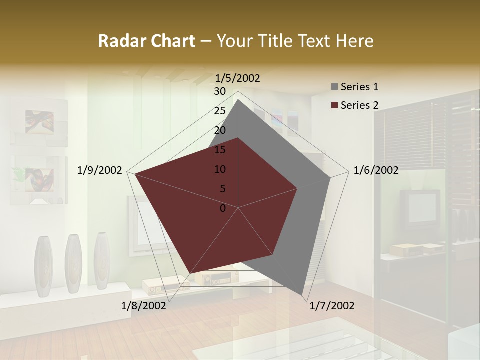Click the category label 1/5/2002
tap(238, 78)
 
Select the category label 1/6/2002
tap(376, 170)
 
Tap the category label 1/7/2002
tap(332, 306)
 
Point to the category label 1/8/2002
tap(143, 306)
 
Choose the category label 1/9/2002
tap(100, 170)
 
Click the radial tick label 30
tap(220, 91)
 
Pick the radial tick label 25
tap(220, 111)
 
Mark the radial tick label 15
tap(220, 150)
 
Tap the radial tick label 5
tap(222, 189)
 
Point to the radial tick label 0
tap(223, 208)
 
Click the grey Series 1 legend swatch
tap(334, 87)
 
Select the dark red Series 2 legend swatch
tap(334, 105)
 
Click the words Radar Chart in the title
tap(146, 41)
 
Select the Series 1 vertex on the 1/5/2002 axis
tap(238, 99)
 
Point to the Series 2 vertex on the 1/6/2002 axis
tap(297, 188)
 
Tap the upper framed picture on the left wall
tap(39, 122)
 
